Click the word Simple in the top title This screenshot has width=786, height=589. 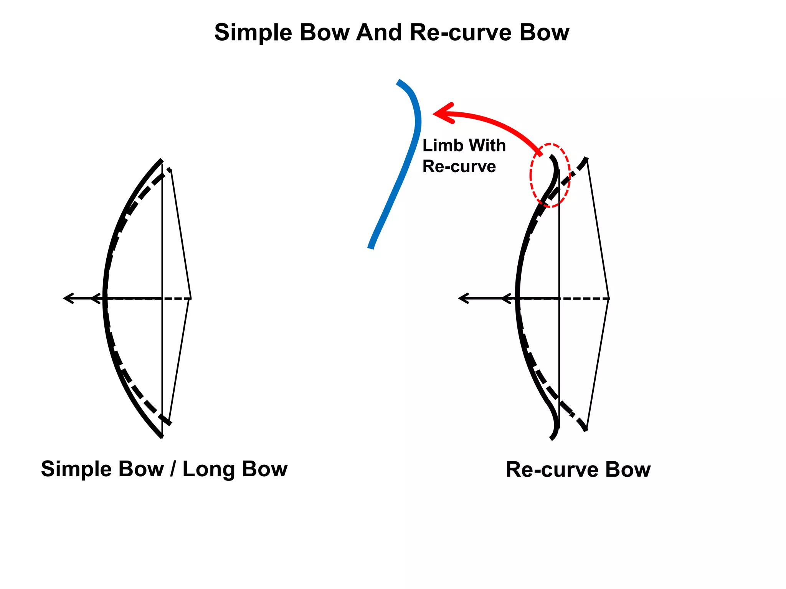[254, 33]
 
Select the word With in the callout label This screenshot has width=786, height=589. [487, 146]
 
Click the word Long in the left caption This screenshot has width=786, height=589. [207, 469]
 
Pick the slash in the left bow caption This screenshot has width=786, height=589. [173, 469]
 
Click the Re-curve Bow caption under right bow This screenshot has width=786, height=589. [578, 470]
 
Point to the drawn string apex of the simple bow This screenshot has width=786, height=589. [190, 298]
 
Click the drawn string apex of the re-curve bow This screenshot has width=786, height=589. [609, 298]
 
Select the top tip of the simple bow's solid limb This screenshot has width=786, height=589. [161, 160]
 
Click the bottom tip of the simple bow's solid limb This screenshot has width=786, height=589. [161, 436]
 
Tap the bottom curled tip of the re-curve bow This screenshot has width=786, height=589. [552, 438]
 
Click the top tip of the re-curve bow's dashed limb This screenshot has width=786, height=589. [586, 159]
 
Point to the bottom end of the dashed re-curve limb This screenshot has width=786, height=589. [586, 429]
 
